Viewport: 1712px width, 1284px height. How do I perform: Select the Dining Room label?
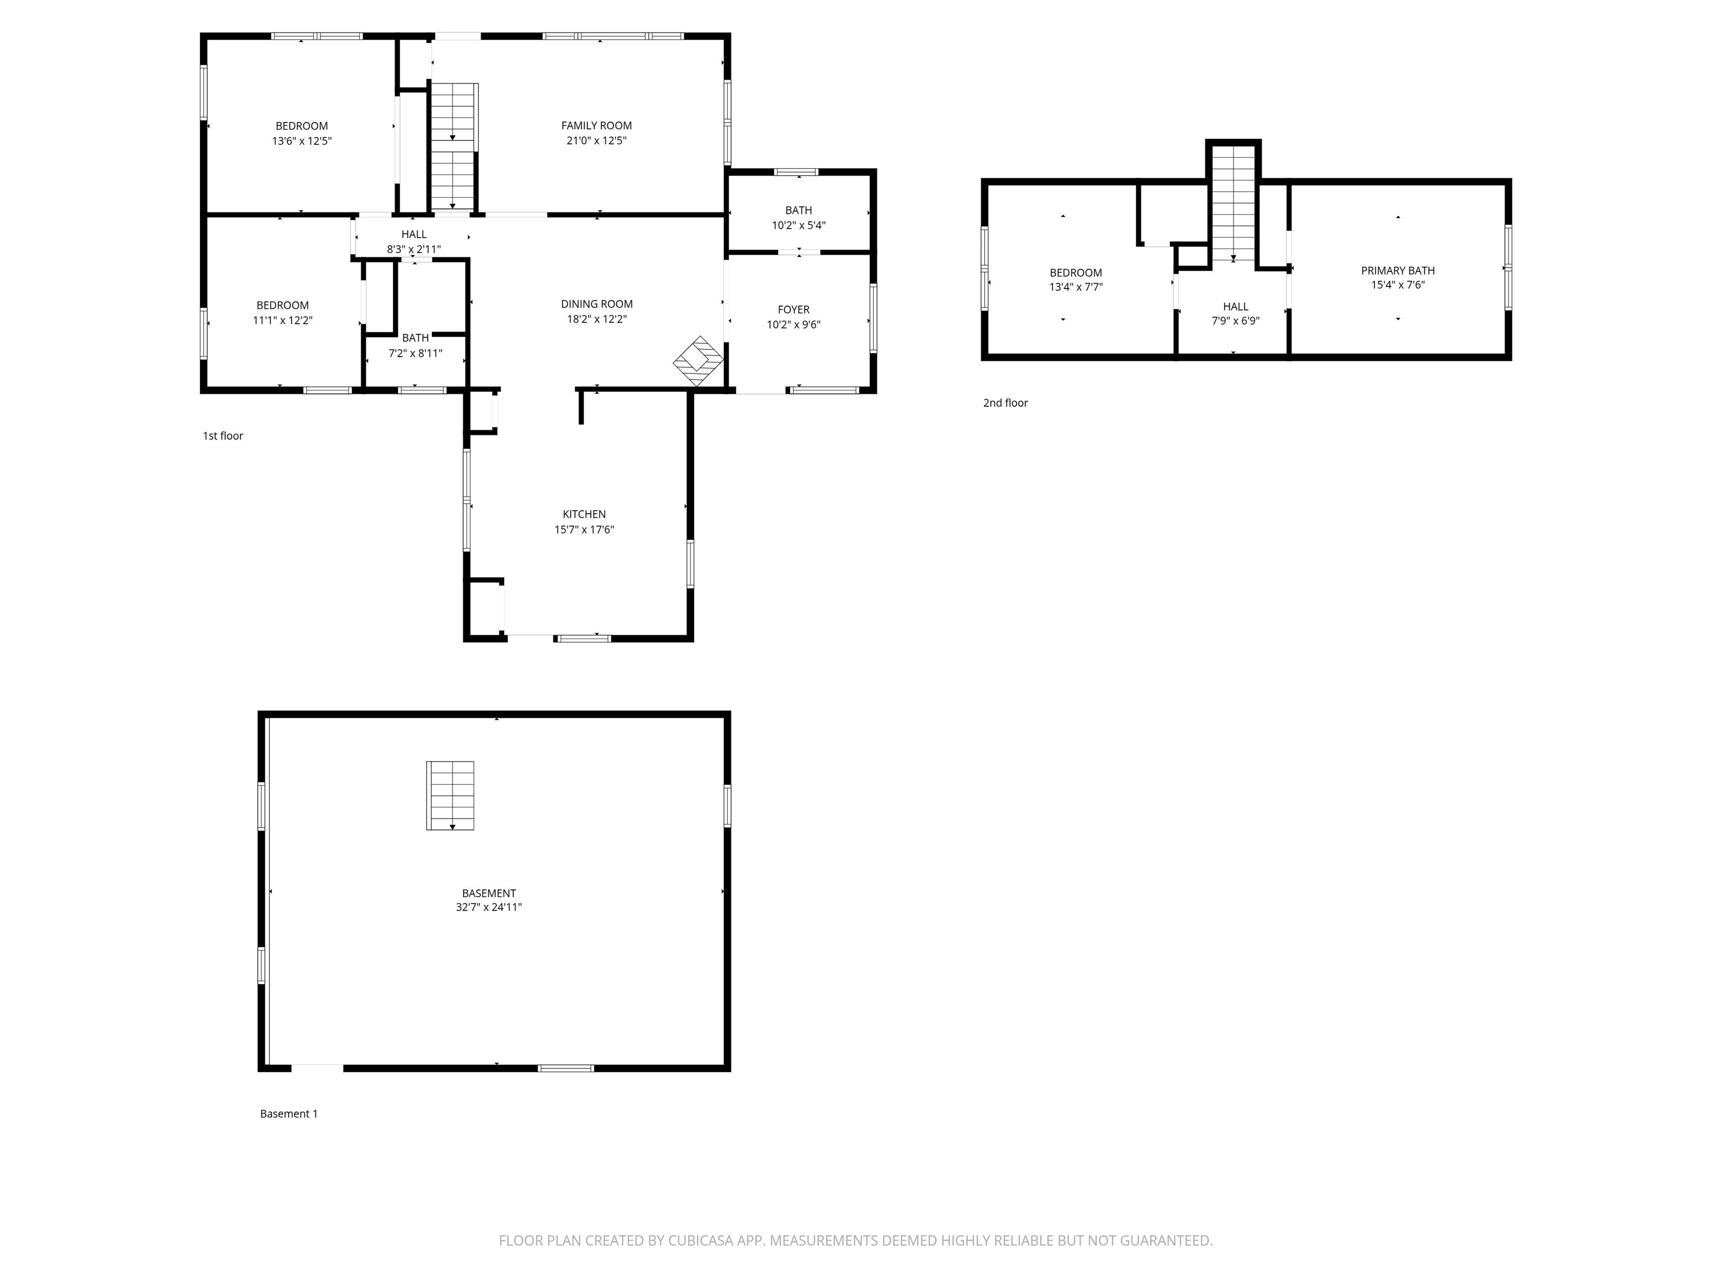tap(597, 304)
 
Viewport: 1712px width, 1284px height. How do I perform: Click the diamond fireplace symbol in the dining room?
tap(698, 361)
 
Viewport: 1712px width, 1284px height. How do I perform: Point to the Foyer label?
tap(794, 310)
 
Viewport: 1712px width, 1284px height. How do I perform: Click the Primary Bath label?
tap(1398, 271)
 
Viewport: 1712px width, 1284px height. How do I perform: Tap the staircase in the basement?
tap(450, 796)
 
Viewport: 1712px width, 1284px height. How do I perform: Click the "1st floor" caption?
tap(223, 436)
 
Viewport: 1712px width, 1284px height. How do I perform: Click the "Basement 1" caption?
tap(289, 1113)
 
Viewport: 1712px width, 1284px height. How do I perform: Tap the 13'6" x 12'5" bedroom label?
tap(302, 133)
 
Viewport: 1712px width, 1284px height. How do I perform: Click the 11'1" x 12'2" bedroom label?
tap(283, 313)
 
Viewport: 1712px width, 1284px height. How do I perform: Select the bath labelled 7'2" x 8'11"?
tap(416, 345)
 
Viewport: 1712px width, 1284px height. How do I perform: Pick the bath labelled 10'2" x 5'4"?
tap(799, 217)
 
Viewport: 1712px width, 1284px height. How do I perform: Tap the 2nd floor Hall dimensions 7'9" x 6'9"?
tap(1236, 320)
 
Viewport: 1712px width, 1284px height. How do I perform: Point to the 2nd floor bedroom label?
tap(1076, 279)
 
